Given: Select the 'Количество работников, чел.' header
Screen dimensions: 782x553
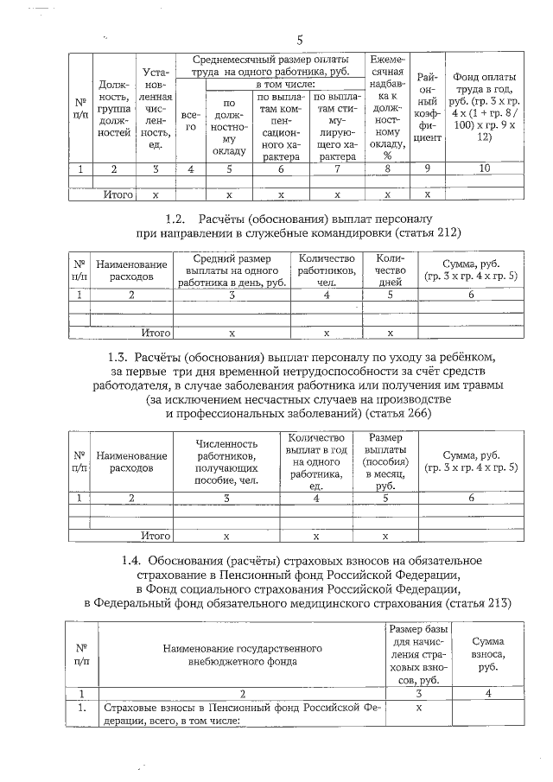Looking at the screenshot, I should (x=326, y=270).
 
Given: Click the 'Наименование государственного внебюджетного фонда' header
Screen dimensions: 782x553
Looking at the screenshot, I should (x=243, y=654).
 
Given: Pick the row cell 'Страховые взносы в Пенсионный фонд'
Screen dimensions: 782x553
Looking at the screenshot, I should (x=243, y=713).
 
